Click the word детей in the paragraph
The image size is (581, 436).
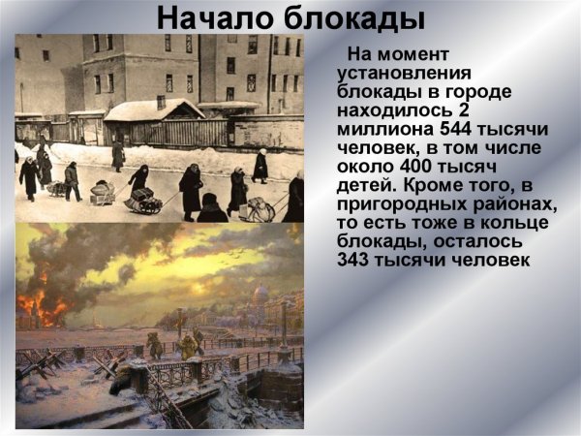pos(364,184)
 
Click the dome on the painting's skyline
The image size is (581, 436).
pos(260,294)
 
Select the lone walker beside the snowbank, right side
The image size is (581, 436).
pos(260,166)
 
